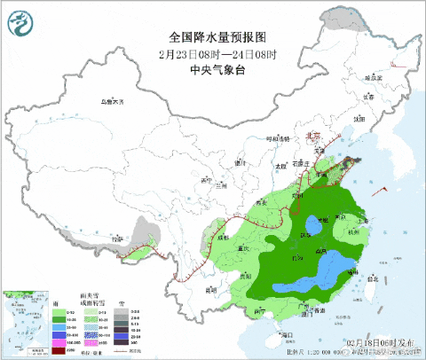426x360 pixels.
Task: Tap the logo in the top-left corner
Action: click(20, 20)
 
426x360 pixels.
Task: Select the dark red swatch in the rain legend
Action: click(58, 350)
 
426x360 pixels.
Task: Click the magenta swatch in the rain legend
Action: click(58, 343)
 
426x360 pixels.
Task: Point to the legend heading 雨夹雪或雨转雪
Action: click(92, 303)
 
